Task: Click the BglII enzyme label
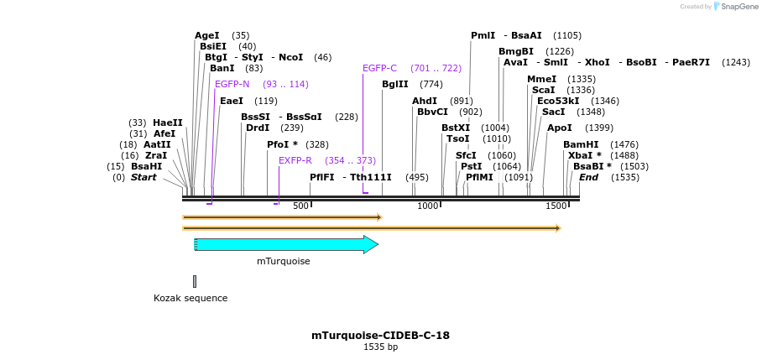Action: point(394,84)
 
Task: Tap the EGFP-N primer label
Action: point(232,84)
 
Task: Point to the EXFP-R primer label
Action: point(295,160)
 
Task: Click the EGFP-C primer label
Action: point(379,68)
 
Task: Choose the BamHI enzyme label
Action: point(581,144)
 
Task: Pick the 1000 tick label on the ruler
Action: point(428,206)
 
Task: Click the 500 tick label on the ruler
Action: point(300,206)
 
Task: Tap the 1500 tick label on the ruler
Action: point(556,206)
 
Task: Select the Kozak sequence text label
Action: point(190,298)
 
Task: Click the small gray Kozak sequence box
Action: point(195,281)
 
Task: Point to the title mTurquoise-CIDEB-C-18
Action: point(380,336)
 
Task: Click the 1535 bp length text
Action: point(380,347)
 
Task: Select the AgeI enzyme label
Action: point(206,35)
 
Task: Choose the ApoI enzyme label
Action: point(559,128)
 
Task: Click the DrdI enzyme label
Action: point(258,128)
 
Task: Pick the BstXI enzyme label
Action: point(456,128)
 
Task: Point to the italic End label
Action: point(588,177)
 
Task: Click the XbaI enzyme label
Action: point(581,155)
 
